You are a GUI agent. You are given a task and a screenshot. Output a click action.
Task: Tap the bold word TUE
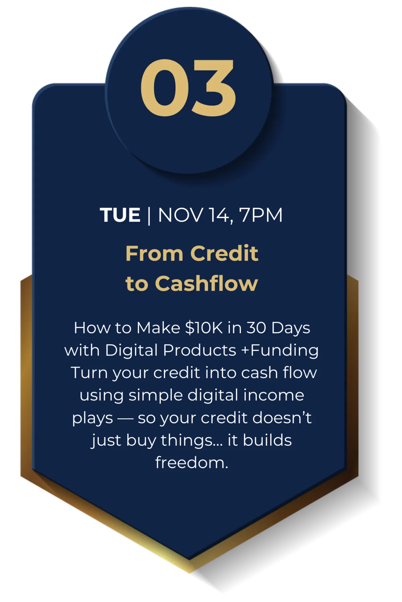click(x=120, y=215)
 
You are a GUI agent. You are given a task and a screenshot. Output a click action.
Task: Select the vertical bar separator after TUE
click(x=149, y=216)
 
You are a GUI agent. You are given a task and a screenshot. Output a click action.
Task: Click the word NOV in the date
click(x=180, y=215)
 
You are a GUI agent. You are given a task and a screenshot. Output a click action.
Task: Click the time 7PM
click(x=261, y=215)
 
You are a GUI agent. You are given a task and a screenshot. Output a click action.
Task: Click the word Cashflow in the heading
click(x=206, y=283)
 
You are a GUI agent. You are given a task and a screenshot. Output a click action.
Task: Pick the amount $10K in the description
click(x=204, y=328)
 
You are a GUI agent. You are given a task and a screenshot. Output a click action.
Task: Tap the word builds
click(x=267, y=440)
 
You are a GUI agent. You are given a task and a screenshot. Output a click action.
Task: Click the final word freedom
click(x=192, y=462)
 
